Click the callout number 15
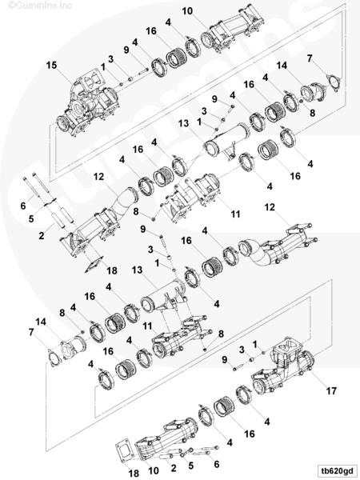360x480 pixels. pos(52,66)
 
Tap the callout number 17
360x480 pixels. pos(331,391)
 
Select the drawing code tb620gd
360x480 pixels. pos(337,470)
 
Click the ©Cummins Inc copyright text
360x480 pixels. pos(40,5)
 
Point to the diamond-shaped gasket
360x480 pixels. pos(94,264)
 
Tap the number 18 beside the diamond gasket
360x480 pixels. pos(112,270)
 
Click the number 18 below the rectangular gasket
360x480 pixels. pos(134,474)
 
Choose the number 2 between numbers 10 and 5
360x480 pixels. pos(174,468)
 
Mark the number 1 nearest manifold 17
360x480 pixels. pos(254,345)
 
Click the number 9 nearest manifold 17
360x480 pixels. pos(225,360)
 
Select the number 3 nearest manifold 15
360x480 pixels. pos(111,59)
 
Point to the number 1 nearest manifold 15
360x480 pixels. pos(103,67)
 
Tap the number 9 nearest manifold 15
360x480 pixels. pos(126,50)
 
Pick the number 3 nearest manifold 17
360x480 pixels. pos(242,350)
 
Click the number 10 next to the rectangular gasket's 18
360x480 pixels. pos(154,470)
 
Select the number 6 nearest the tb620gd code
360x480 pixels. pos(217,464)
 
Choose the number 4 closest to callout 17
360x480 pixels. pos(267,422)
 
